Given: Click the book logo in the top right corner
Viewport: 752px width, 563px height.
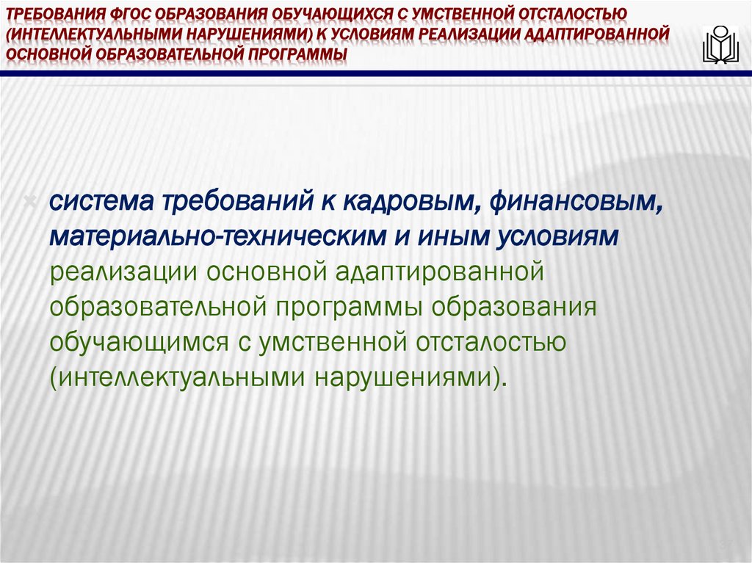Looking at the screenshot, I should click(720, 45).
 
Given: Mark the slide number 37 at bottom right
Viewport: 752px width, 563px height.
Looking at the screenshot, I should click(726, 544).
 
